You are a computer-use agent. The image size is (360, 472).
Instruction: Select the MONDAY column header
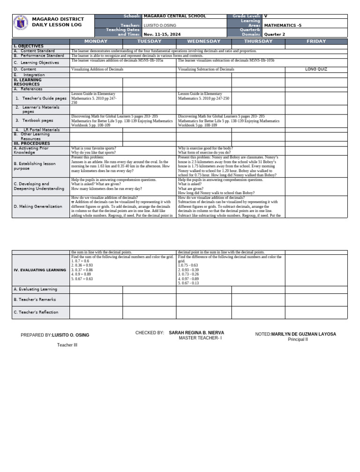[96, 41]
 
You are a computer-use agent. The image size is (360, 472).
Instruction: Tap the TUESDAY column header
[149, 41]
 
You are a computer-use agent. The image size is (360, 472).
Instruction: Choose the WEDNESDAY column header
[203, 41]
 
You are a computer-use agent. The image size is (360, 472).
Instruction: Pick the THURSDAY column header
[258, 41]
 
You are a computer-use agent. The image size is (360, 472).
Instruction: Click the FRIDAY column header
[316, 41]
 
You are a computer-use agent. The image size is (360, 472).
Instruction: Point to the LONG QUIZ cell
[316, 69]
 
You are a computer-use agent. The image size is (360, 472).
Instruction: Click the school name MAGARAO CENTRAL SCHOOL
[174, 16]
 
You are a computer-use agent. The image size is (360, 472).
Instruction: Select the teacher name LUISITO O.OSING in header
[160, 25]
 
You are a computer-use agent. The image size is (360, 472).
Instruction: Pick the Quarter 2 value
[275, 34]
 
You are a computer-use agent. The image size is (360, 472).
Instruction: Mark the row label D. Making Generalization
[38, 206]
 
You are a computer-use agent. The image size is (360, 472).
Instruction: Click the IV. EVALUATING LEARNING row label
[40, 270]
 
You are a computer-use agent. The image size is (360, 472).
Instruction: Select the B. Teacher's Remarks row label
[35, 299]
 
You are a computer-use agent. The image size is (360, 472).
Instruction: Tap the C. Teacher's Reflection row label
[36, 312]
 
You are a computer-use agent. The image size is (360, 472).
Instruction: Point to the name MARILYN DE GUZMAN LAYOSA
[303, 334]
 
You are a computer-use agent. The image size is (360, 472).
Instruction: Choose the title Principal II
[298, 339]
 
